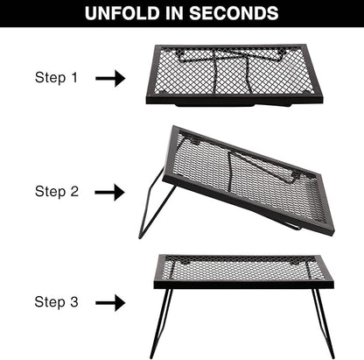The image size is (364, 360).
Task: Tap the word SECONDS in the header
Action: tap(234, 13)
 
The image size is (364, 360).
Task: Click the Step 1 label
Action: tap(56, 78)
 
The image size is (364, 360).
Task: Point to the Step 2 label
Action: tap(57, 192)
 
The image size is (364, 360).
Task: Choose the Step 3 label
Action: tap(56, 302)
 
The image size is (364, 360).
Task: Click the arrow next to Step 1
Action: tap(110, 78)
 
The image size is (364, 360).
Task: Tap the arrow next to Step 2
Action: tap(110, 192)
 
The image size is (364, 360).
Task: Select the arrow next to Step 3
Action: tap(110, 303)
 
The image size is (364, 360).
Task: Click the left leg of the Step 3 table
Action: tap(161, 323)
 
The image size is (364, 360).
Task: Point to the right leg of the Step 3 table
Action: tap(324, 323)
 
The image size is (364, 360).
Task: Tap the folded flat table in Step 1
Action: tap(234, 75)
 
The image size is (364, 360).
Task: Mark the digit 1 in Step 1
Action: tap(74, 77)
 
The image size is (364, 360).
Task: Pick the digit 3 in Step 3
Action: tap(74, 301)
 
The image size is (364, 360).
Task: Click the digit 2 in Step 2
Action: tap(74, 191)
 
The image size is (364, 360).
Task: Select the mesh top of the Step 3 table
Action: tap(243, 268)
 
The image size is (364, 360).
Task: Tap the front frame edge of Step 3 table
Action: tap(243, 285)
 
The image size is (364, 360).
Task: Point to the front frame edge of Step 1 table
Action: tap(234, 100)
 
